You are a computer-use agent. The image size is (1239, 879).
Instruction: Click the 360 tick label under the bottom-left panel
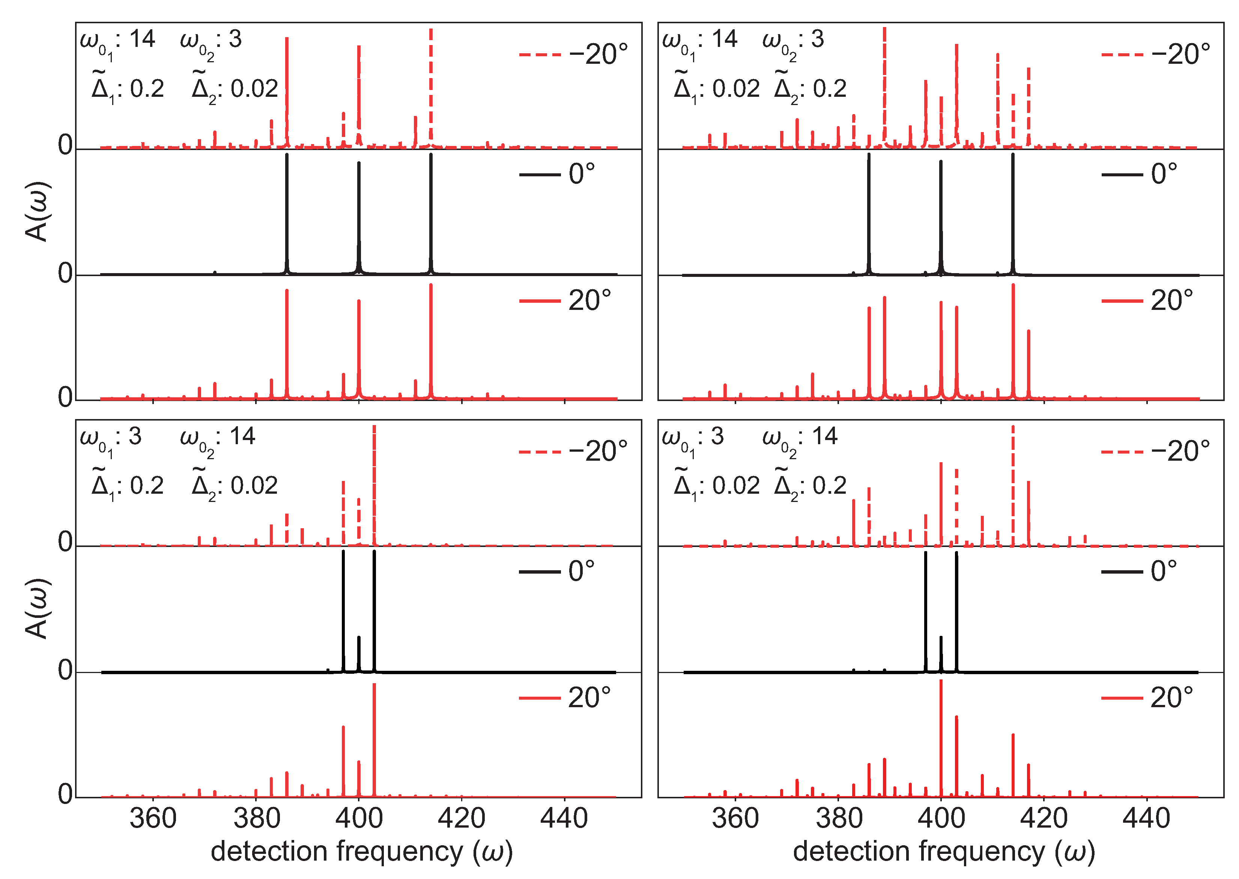point(153,818)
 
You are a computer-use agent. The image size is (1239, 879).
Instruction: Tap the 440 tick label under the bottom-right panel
point(1146,818)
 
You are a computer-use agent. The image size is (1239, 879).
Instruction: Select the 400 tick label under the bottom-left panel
point(358,818)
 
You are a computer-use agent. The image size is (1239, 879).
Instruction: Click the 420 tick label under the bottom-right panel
point(1043,818)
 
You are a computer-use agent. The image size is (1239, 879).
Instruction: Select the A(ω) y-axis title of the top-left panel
point(38,211)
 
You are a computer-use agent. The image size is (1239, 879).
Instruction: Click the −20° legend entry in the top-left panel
point(573,54)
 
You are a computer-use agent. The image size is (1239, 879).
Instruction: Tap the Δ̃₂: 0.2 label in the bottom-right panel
point(810,485)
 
